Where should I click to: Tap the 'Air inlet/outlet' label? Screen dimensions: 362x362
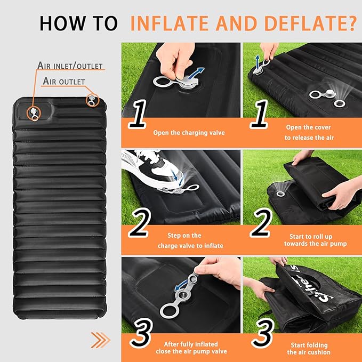(x=70, y=66)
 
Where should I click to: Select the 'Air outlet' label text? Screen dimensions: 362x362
(x=63, y=82)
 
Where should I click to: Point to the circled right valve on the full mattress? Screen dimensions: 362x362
(x=93, y=100)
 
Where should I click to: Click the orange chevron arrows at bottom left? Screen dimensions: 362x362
(x=100, y=339)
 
